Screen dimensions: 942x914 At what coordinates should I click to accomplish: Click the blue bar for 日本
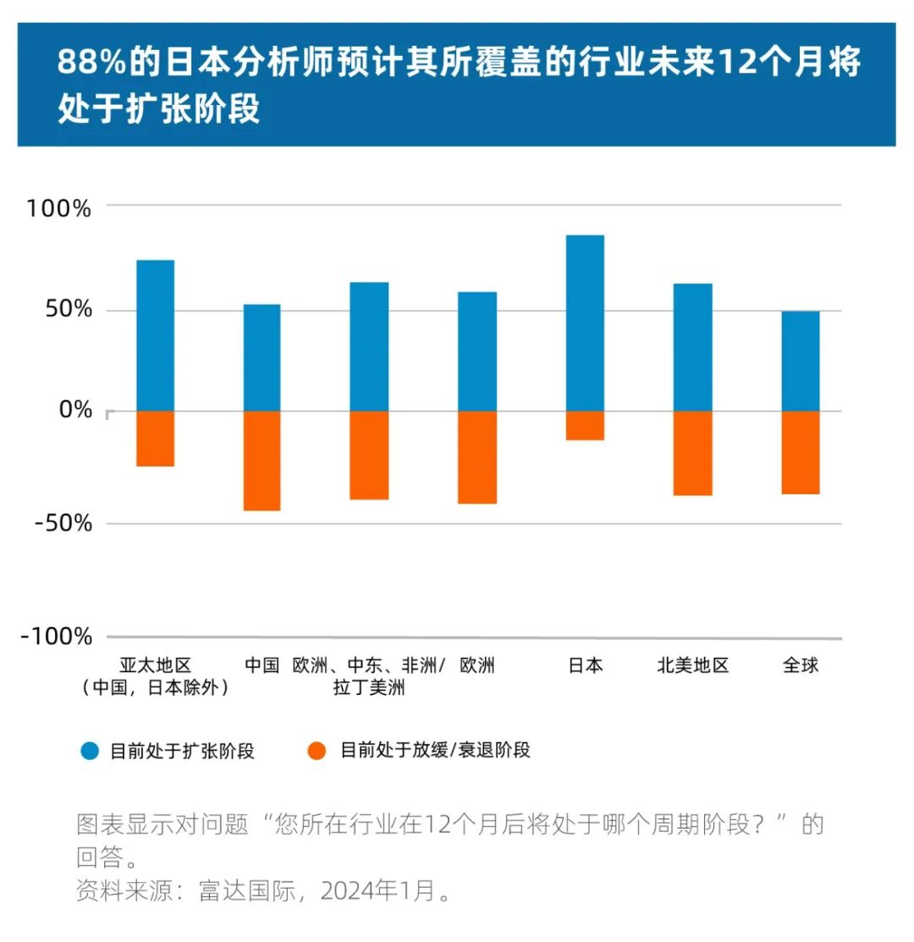click(585, 322)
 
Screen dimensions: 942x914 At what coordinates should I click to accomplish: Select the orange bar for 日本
click(585, 425)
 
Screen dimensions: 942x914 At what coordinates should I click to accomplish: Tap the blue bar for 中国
click(262, 357)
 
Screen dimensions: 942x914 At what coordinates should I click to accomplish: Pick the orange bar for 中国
click(262, 460)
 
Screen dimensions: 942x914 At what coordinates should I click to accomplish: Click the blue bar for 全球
click(800, 361)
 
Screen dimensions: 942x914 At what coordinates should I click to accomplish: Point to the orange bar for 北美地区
click(692, 453)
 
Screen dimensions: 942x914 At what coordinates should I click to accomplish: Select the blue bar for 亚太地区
click(155, 335)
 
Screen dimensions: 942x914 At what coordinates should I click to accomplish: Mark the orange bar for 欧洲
click(477, 457)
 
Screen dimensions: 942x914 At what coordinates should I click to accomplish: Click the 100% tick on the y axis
click(58, 207)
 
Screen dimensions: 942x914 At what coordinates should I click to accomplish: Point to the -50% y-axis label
click(60, 522)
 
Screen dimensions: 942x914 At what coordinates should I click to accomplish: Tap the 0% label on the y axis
click(75, 410)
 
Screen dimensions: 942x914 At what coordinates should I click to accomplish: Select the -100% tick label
click(56, 636)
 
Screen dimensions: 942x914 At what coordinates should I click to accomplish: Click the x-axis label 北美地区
click(692, 665)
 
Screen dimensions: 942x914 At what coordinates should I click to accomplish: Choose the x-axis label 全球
click(800, 665)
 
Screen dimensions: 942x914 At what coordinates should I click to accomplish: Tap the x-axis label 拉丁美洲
click(369, 687)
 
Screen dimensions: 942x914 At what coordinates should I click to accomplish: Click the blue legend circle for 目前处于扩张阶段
click(91, 751)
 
